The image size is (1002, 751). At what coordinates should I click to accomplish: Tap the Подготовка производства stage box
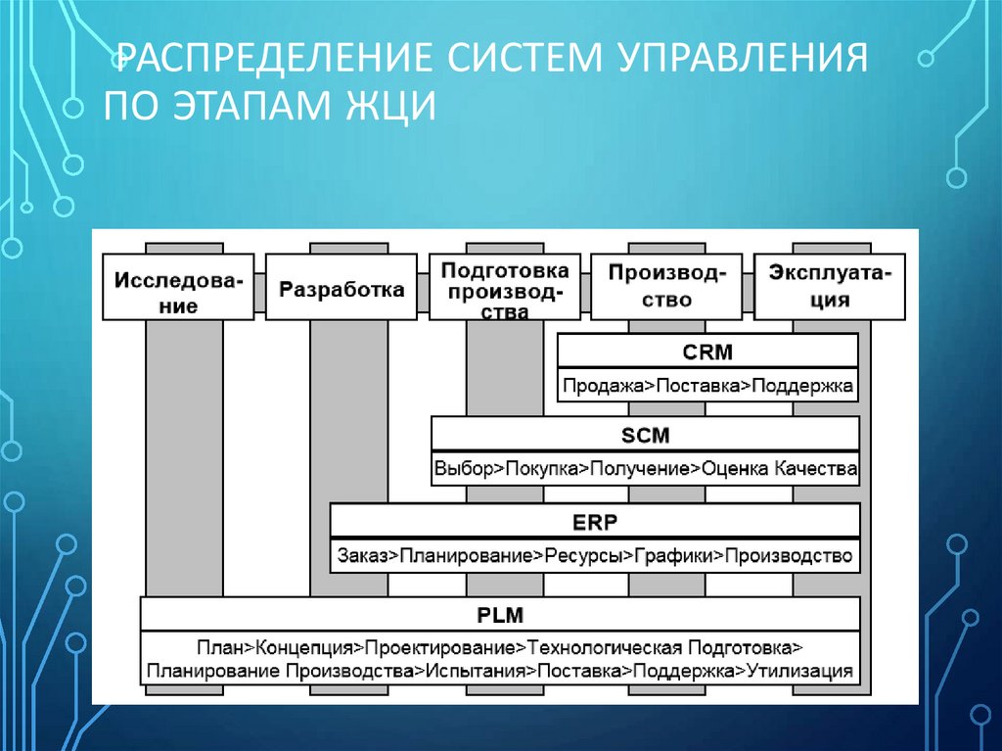504,288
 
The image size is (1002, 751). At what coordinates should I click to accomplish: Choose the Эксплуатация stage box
831,287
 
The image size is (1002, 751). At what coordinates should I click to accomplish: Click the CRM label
707,351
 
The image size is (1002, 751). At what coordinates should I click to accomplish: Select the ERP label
595,522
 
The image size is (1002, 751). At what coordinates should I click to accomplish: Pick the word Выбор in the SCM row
465,469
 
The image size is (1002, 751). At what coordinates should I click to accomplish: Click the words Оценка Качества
780,469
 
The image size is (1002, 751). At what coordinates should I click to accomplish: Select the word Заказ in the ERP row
362,556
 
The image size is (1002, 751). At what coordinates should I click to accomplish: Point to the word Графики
677,556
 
